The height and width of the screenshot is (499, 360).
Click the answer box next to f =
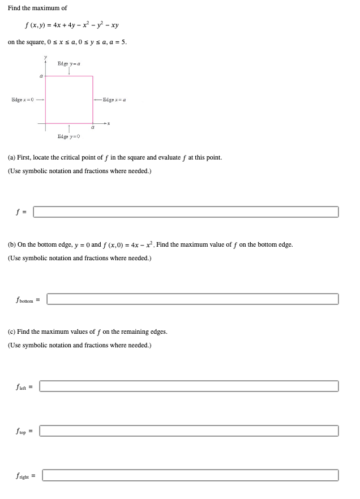[x=186, y=212]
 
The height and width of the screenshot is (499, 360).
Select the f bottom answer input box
[x=192, y=299]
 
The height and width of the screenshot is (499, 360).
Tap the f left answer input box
[x=188, y=386]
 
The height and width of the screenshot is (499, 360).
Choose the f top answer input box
[x=188, y=431]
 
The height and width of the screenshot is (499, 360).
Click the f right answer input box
[x=190, y=475]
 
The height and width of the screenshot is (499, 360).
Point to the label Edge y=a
[x=68, y=63]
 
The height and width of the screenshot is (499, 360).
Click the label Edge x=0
[x=23, y=100]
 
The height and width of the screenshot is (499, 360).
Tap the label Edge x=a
[x=114, y=100]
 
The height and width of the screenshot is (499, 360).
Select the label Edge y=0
[x=68, y=136]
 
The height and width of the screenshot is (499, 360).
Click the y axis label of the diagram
[x=46, y=58]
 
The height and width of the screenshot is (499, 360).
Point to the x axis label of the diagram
[x=108, y=123]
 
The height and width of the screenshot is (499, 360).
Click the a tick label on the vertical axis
[x=41, y=76]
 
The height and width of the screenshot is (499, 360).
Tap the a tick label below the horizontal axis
[x=93, y=128]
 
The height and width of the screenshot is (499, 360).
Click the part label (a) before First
[x=11, y=157]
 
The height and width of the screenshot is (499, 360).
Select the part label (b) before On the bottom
[x=11, y=244]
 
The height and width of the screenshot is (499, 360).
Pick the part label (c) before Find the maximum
[x=11, y=332]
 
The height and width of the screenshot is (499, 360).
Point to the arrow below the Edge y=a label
[x=69, y=71]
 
